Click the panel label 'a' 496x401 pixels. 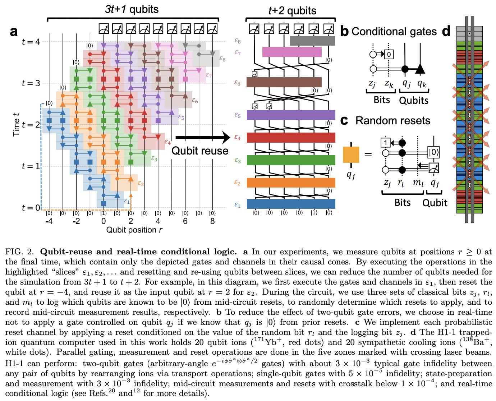[14, 32]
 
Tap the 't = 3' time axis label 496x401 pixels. [31, 83]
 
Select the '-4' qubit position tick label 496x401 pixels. [49, 221]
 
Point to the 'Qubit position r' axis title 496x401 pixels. [134, 230]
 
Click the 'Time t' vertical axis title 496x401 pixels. [16, 124]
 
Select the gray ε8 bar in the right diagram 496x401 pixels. [312, 41]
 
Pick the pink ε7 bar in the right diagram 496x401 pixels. [291, 52]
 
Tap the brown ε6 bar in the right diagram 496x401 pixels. [284, 82]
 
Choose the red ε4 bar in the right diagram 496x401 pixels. [291, 138]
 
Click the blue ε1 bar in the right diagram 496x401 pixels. [291, 204]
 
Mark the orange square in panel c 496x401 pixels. [351, 155]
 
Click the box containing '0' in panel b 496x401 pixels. [389, 54]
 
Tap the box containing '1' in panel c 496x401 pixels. [385, 143]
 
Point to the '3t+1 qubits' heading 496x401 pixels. [132, 9]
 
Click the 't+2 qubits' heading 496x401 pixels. [292, 11]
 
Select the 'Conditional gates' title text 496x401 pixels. [394, 32]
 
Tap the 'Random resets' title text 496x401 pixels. [392, 120]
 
